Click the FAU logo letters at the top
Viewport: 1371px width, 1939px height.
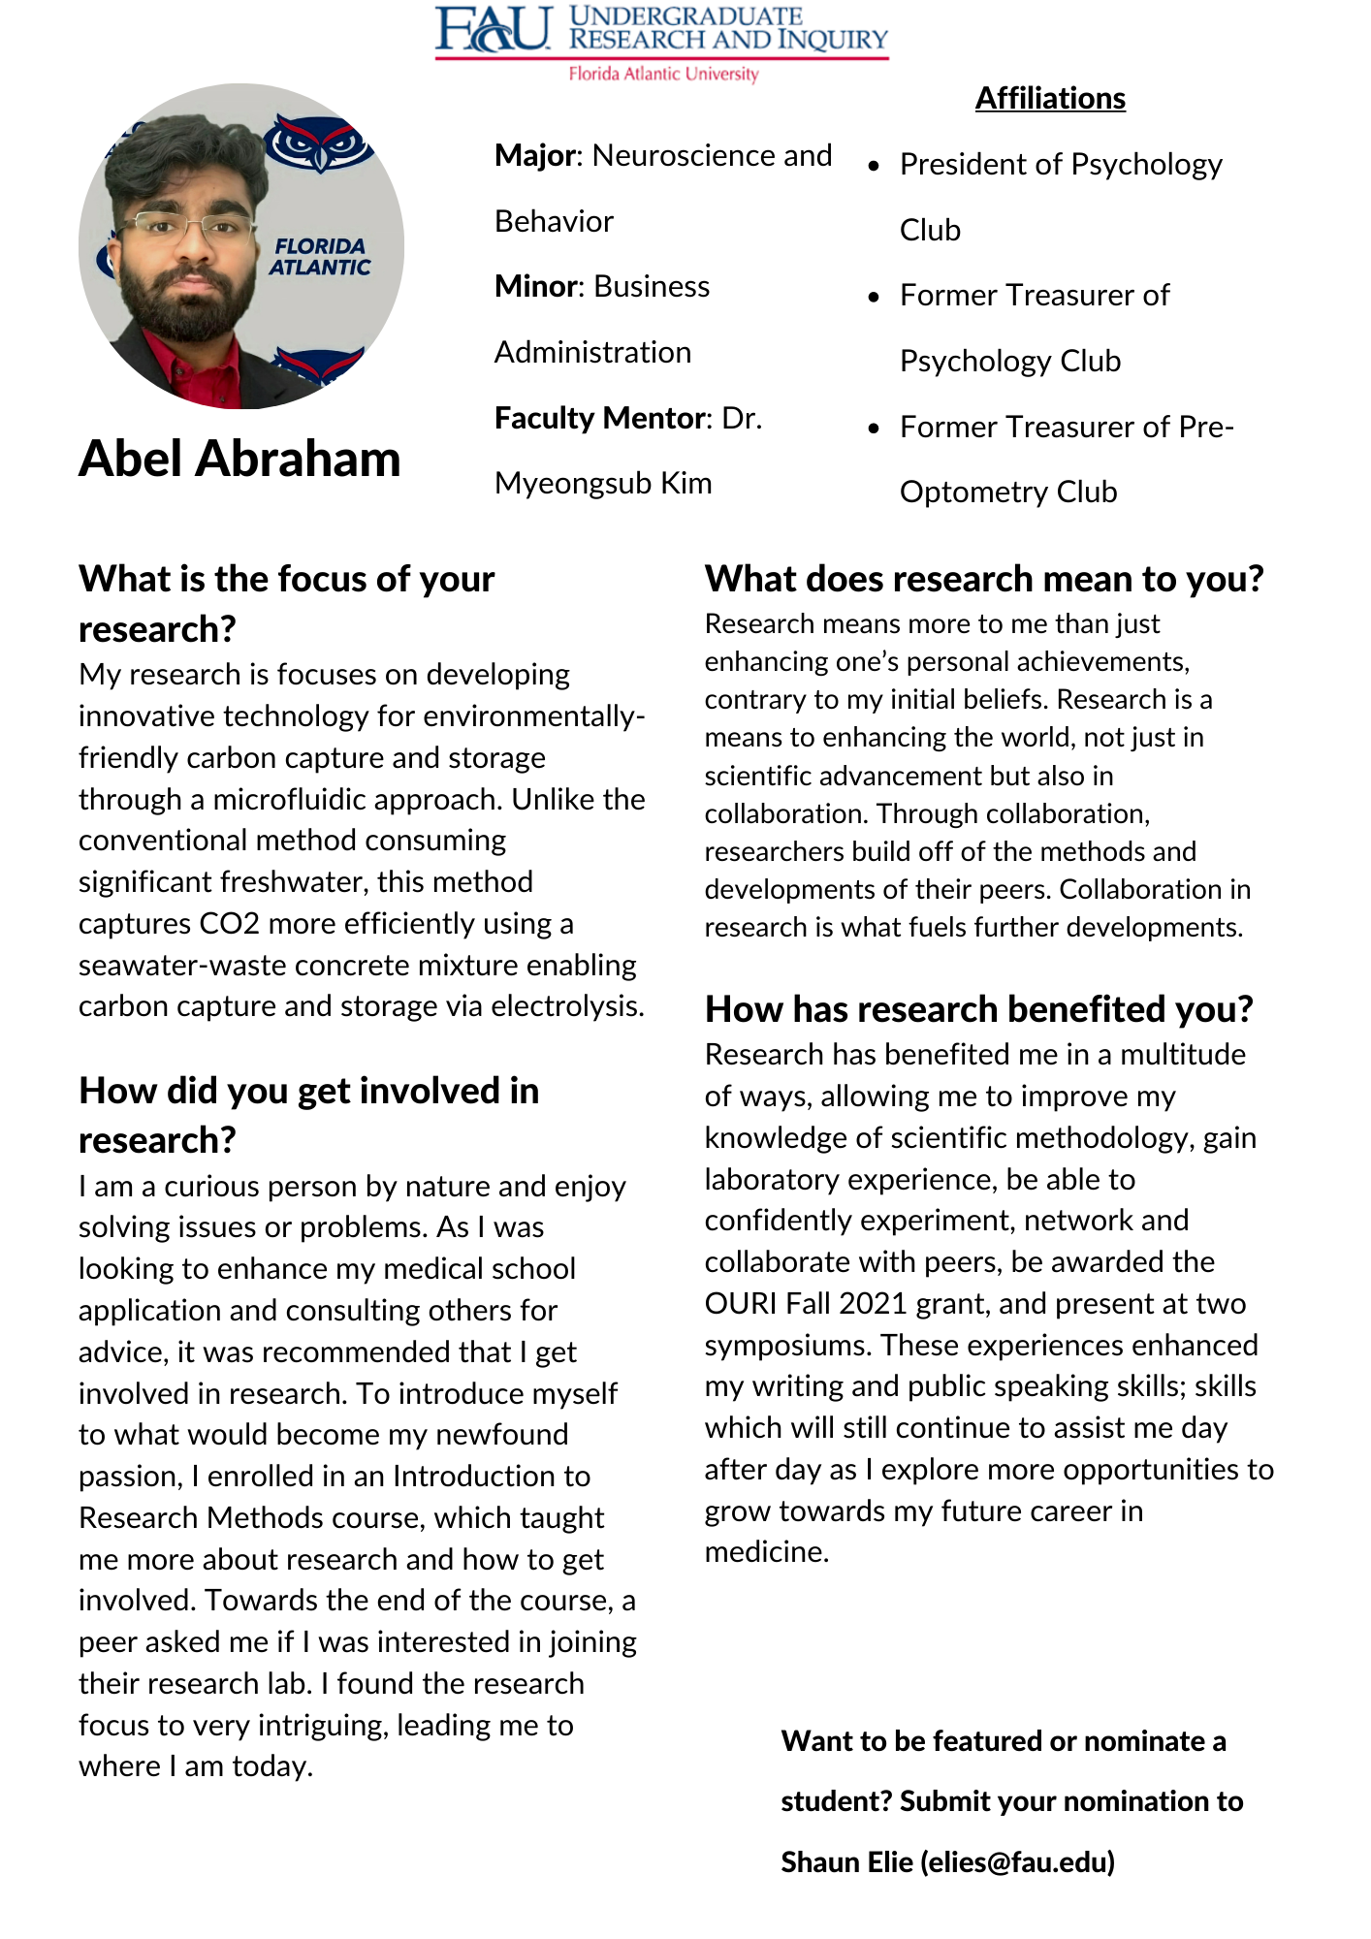[493, 29]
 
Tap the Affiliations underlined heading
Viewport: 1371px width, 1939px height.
[1050, 99]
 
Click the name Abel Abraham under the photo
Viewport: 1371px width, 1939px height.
[239, 459]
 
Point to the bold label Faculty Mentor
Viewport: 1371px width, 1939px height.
[600, 418]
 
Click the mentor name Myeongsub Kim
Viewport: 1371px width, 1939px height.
[603, 483]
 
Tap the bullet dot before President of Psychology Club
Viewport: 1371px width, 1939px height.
[874, 166]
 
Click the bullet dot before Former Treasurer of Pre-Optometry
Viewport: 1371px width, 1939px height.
[874, 428]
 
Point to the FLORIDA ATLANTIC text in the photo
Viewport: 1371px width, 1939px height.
[320, 257]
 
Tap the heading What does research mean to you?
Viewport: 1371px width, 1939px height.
[984, 579]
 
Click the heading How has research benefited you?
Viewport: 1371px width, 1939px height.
[979, 1009]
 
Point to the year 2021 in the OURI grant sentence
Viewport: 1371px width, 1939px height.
[873, 1304]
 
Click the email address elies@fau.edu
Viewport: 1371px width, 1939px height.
[1017, 1862]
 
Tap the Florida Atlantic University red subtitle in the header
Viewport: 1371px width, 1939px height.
[663, 74]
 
